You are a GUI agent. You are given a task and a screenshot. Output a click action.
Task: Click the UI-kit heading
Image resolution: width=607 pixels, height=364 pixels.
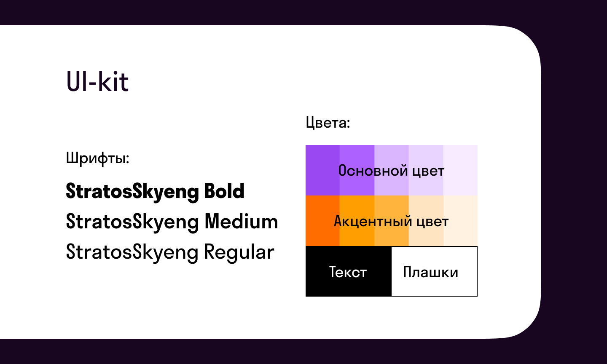point(97,81)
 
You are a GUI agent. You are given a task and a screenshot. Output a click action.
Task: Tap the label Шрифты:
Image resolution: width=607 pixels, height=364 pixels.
point(97,158)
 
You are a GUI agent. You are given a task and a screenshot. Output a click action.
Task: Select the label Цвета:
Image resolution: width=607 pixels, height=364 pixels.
point(328,123)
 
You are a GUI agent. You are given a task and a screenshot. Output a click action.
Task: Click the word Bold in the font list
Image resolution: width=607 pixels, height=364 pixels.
point(224,191)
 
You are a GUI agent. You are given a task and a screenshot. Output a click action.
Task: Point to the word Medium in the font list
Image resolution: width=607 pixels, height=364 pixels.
point(241,222)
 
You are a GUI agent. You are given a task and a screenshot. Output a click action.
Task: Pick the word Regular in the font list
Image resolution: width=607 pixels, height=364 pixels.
point(239,252)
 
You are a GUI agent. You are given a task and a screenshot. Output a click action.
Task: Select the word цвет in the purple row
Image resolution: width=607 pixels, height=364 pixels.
point(428,171)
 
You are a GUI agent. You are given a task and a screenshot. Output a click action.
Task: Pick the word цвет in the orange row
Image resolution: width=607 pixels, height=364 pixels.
point(432,222)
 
